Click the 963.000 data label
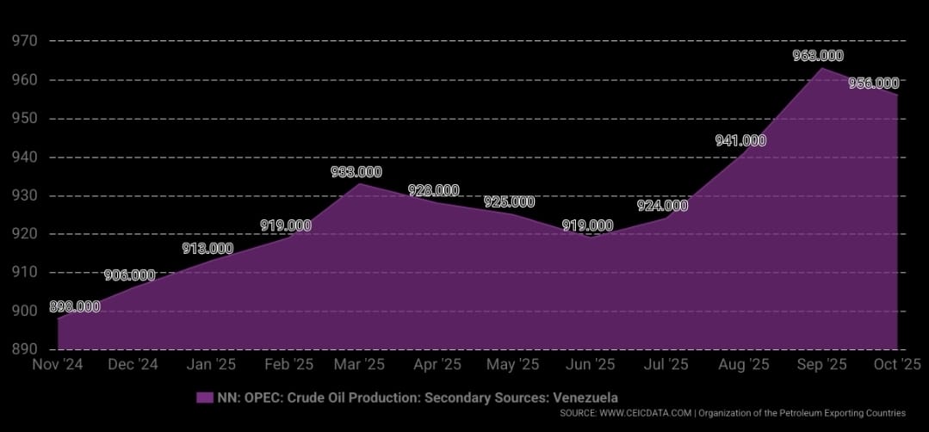tap(818, 56)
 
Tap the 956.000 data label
tap(873, 83)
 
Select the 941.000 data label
tap(740, 141)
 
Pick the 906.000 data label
tap(129, 275)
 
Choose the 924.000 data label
tap(662, 206)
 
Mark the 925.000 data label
tap(509, 202)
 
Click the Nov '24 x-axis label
tap(59, 365)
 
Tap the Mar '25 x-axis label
tap(359, 365)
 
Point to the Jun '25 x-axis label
tap(589, 365)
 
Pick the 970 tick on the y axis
tap(23, 40)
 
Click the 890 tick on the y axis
tap(23, 349)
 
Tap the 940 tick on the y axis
tap(23, 157)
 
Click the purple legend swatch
tap(204, 397)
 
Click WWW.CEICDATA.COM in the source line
tap(646, 414)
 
